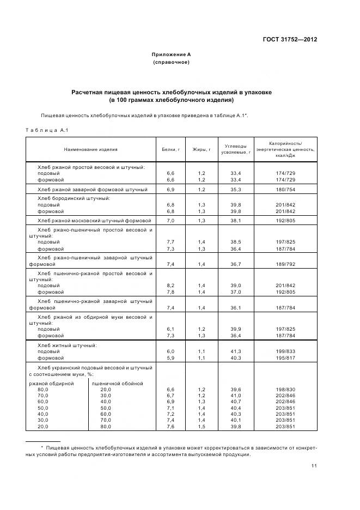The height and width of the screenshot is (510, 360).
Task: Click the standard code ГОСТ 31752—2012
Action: point(291,40)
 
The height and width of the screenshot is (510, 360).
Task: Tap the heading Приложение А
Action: point(171,54)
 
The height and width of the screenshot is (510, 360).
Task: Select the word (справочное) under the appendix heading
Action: point(171,63)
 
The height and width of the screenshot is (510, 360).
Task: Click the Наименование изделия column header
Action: point(90,149)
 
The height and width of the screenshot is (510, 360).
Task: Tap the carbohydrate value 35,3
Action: point(236,189)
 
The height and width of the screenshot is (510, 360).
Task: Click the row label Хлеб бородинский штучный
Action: point(74,198)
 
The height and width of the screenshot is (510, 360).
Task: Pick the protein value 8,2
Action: point(169,285)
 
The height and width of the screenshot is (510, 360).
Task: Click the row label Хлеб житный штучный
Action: point(67,345)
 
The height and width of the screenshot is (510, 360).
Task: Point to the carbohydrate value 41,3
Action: point(236,352)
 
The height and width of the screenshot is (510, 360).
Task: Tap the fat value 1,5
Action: point(201,426)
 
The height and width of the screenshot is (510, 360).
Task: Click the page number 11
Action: point(314,465)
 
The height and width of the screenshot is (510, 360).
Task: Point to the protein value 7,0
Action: point(169,220)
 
